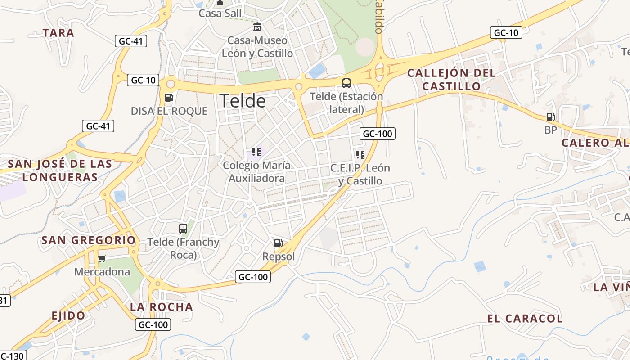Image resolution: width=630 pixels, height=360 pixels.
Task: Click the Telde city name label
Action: tap(243, 101)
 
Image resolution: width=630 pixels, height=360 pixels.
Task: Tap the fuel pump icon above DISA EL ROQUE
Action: tap(169, 97)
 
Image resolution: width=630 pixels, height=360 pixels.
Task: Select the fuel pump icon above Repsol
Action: tap(279, 243)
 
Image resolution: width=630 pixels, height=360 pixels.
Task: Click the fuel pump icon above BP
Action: tap(550, 117)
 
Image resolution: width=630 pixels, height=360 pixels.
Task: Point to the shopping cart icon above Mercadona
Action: tap(102, 258)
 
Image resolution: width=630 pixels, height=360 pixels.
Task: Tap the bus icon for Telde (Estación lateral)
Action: tap(346, 83)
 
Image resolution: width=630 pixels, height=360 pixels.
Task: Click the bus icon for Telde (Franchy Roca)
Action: tap(183, 228)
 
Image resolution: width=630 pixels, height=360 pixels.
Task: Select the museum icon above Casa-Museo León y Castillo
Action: tap(257, 27)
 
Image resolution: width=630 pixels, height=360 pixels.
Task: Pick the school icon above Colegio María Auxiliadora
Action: tap(256, 152)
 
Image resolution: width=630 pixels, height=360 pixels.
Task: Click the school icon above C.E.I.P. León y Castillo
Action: tap(360, 155)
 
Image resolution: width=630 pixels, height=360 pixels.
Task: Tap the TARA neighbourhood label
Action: tap(58, 33)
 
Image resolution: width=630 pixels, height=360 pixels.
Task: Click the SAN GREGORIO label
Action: tap(88, 240)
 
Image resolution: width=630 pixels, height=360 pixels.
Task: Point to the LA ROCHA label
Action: tap(162, 307)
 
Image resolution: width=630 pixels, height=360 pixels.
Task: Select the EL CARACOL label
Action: tap(525, 319)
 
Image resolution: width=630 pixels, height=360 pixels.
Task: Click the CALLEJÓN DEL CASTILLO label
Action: tap(451, 79)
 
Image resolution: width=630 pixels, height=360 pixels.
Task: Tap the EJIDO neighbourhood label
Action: tap(68, 315)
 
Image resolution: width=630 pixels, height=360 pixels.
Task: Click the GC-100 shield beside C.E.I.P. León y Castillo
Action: tap(377, 134)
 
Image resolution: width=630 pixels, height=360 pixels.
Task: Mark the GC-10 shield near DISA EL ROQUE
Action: tap(143, 81)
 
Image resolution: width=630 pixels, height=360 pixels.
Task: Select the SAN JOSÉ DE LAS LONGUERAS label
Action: tap(60, 170)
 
